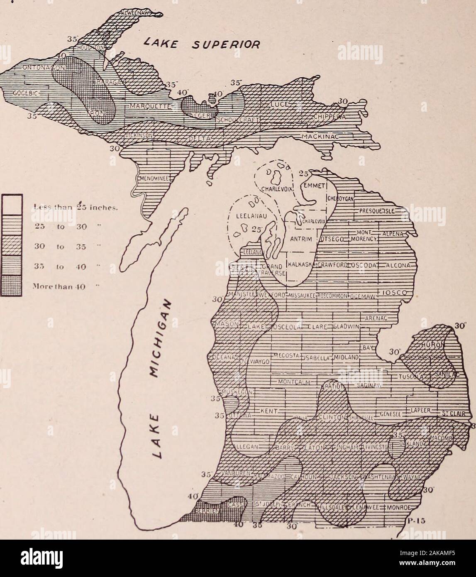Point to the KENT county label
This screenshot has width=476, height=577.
[x=268, y=411]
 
